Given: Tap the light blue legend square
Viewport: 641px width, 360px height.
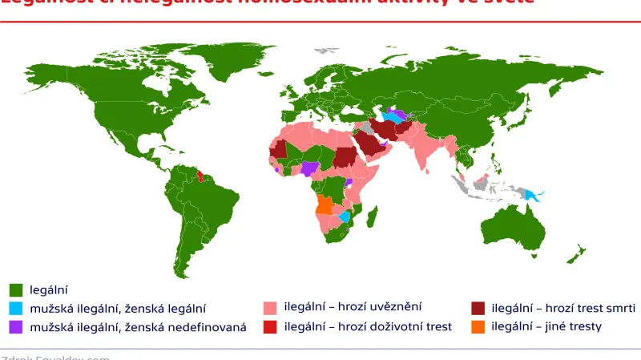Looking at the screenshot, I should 15,308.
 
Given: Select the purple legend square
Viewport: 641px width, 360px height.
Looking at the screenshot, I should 15,326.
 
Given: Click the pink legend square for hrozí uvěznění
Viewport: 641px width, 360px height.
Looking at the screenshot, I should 269,308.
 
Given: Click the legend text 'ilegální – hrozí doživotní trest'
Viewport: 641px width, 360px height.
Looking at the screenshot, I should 369,326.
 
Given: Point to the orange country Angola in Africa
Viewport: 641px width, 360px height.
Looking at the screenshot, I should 325,206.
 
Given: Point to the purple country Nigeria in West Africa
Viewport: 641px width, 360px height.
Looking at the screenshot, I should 310,168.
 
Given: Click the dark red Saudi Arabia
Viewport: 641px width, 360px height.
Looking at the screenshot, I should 369,145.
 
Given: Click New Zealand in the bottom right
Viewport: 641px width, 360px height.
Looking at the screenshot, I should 576,254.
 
